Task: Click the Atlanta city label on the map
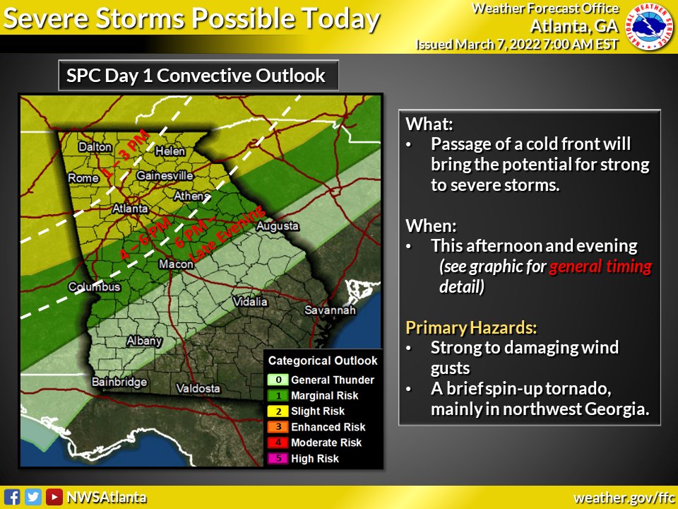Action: (x=131, y=209)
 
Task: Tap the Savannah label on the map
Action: (x=330, y=310)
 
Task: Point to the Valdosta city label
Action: (x=198, y=389)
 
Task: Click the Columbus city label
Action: (x=95, y=287)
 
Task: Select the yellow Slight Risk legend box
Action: (x=278, y=411)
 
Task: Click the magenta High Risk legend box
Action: (x=278, y=458)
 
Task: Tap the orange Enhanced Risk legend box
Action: (x=278, y=427)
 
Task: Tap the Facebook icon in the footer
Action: (x=11, y=497)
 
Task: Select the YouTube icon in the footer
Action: (x=54, y=497)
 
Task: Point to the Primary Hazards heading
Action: (x=471, y=327)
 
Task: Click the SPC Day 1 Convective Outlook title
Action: (x=196, y=76)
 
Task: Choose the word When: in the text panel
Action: (x=431, y=226)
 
